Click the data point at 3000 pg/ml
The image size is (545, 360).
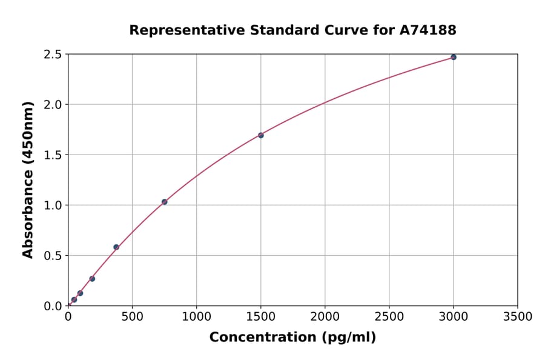pos(453,57)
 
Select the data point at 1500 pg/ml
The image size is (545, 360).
pos(260,135)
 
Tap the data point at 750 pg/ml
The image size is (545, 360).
pos(164,202)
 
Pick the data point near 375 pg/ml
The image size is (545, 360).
pos(116,247)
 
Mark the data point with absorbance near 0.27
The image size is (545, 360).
pos(92,279)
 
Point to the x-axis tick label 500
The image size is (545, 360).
pos(132,317)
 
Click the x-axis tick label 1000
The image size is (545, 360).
pos(196,317)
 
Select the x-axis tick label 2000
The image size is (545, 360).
pos(325,317)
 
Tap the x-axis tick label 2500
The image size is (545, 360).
pos(389,317)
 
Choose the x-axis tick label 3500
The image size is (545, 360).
pos(517,317)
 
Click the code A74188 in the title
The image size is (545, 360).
pos(428,30)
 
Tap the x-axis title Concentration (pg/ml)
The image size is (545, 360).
pos(292,338)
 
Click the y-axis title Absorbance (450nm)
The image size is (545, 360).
pos(28,179)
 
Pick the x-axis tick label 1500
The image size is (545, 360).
pos(260,317)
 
